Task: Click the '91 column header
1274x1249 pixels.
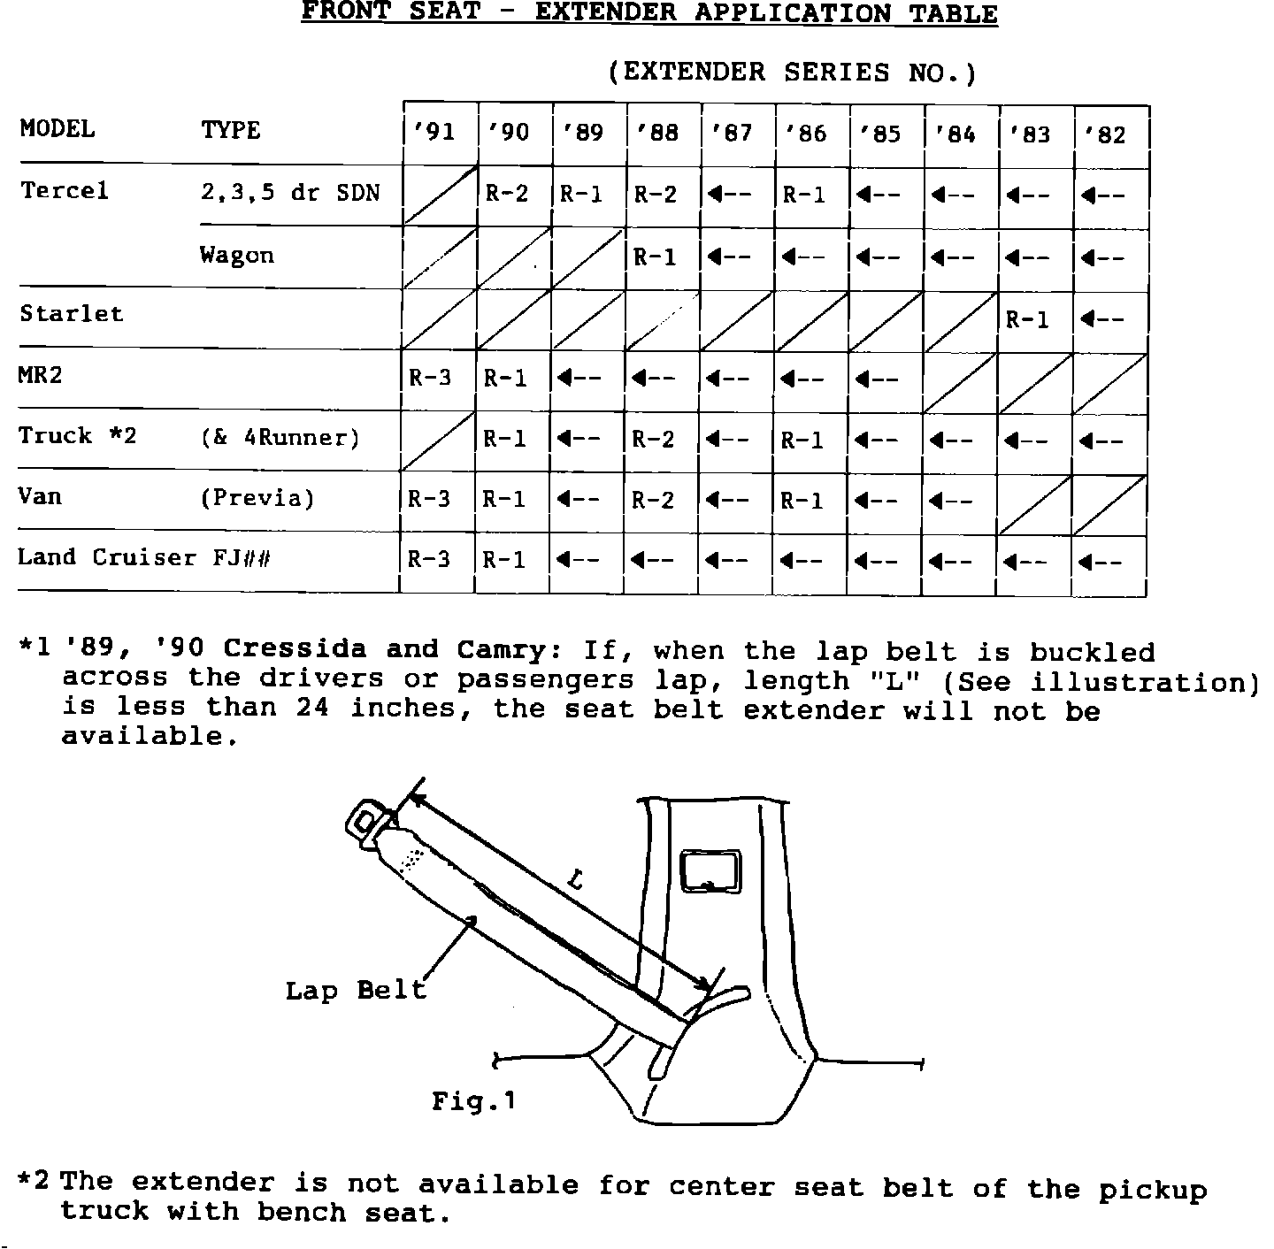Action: pyautogui.click(x=434, y=133)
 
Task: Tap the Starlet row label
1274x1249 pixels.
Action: pyautogui.click(x=71, y=314)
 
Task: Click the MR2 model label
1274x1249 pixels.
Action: pyautogui.click(x=41, y=375)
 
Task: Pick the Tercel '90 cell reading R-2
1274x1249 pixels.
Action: pyautogui.click(x=507, y=194)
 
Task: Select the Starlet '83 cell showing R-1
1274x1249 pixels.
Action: pyautogui.click(x=1027, y=319)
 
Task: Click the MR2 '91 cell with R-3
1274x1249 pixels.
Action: pyautogui.click(x=431, y=379)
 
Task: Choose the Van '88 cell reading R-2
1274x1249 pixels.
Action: pyautogui.click(x=653, y=501)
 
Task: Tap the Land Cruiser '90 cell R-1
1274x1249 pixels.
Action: pyautogui.click(x=505, y=560)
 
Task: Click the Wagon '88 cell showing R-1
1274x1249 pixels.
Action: pyautogui.click(x=656, y=257)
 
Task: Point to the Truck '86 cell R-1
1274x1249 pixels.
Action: pyautogui.click(x=802, y=441)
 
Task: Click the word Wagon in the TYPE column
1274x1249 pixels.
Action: pyautogui.click(x=237, y=256)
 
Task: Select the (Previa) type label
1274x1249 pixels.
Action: pyautogui.click(x=257, y=499)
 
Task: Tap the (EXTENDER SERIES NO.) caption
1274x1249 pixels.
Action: pyautogui.click(x=793, y=73)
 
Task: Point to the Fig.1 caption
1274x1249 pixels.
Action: pyautogui.click(x=473, y=1101)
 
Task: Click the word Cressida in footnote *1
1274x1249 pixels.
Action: pyautogui.click(x=295, y=649)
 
